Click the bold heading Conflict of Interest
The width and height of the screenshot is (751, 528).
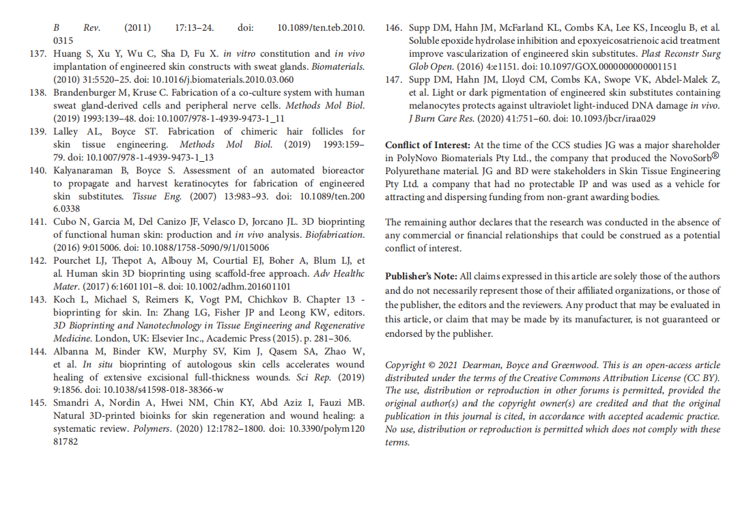tap(427, 145)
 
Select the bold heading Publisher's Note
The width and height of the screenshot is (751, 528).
tap(421, 277)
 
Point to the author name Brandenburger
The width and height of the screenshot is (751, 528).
tap(88, 92)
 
